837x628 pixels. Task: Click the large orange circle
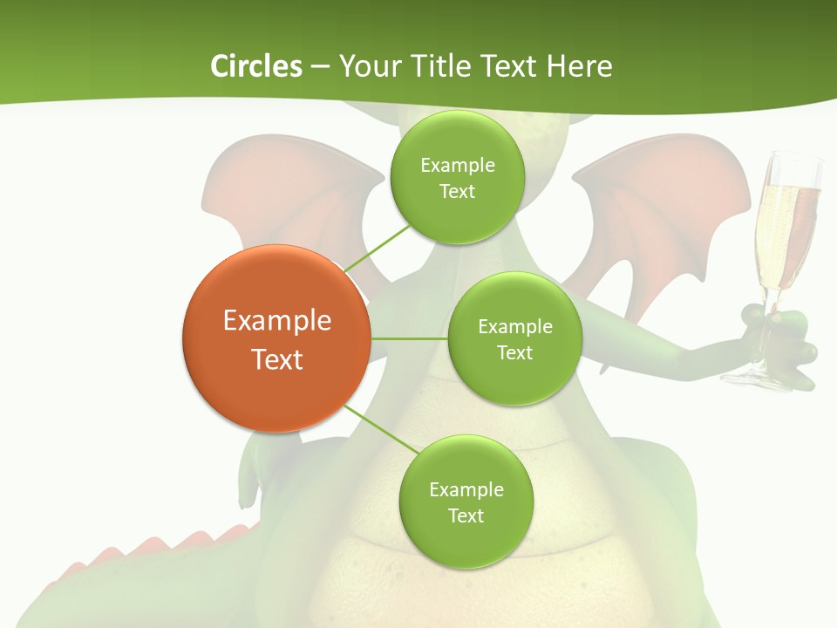pyautogui.click(x=276, y=338)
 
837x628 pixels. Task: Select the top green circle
pyautogui.click(x=457, y=177)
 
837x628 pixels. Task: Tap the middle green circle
pyautogui.click(x=514, y=338)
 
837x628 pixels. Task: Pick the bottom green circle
pyautogui.click(x=466, y=502)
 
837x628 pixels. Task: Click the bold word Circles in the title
pyautogui.click(x=256, y=66)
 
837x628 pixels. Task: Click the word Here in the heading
pyautogui.click(x=579, y=66)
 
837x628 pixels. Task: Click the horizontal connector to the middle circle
pyautogui.click(x=409, y=338)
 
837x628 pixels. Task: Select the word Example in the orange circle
pyautogui.click(x=276, y=320)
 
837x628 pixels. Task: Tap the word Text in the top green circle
pyautogui.click(x=457, y=191)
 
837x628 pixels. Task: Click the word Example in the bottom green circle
pyautogui.click(x=466, y=489)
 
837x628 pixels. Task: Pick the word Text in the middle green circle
pyautogui.click(x=514, y=352)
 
